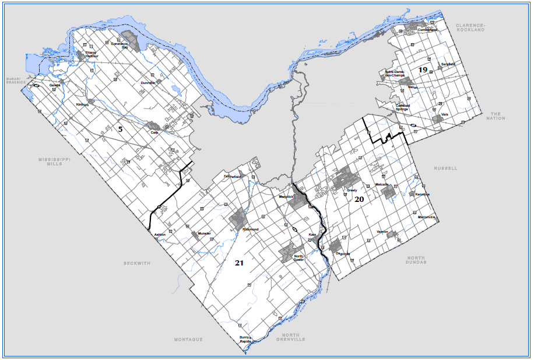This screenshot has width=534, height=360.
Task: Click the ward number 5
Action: [x=120, y=129]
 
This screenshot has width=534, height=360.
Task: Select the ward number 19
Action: [x=423, y=70]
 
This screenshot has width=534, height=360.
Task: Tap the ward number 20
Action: [x=359, y=200]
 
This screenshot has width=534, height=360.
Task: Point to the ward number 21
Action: [x=239, y=263]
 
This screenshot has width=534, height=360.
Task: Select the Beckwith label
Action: [x=137, y=263]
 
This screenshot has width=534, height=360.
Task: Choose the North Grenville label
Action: [x=291, y=336]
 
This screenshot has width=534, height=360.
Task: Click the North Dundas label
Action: [x=416, y=260]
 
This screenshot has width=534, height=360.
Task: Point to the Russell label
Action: [x=446, y=168]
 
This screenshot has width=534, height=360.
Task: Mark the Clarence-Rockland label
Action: [x=471, y=28]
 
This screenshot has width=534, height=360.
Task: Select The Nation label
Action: [x=497, y=116]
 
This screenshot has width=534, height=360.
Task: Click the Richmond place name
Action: [x=251, y=229]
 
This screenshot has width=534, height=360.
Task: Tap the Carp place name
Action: [x=154, y=132]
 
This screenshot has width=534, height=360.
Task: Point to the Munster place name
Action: [x=204, y=233]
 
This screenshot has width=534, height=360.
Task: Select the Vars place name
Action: [x=445, y=114]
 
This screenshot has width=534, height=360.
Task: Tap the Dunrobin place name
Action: [x=149, y=83]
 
